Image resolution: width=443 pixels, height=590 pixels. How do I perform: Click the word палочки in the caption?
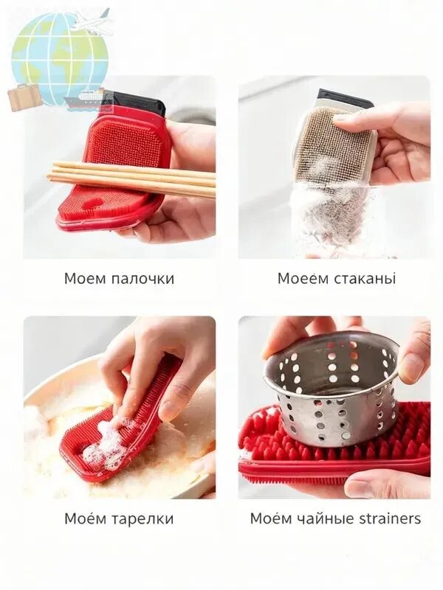point(143,280)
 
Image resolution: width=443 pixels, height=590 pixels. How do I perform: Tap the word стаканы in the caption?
point(365,279)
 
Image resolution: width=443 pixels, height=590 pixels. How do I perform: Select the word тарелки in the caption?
point(143,519)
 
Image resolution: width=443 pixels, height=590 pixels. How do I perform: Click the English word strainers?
point(390,518)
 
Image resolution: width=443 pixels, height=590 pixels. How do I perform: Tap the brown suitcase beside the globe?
point(24,97)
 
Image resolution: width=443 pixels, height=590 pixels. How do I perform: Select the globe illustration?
point(60,60)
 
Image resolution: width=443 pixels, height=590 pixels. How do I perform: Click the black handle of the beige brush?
point(345,99)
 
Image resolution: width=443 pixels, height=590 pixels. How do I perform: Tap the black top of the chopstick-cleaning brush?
point(136,102)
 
